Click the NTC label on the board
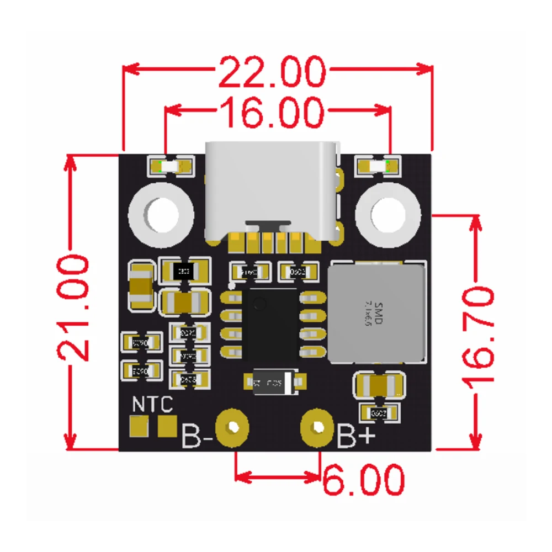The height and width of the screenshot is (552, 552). (x=152, y=404)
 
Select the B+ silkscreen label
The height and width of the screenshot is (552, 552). (x=357, y=436)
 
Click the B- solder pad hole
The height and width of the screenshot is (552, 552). (x=234, y=427)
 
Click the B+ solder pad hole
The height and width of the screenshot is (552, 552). (x=319, y=427)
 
